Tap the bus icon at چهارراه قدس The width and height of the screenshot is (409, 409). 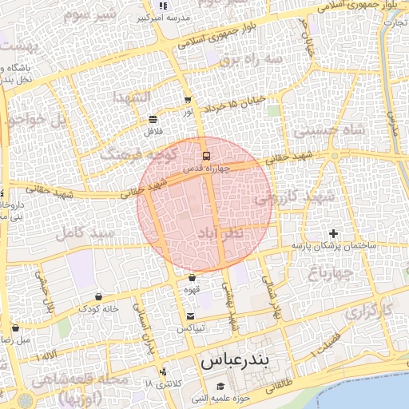[206, 156]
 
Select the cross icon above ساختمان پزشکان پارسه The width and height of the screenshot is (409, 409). [333, 233]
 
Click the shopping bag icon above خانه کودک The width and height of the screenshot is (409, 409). [98, 296]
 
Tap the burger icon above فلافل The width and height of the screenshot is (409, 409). [153, 119]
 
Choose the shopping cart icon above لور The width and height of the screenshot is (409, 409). [188, 101]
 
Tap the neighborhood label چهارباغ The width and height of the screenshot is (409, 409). [330, 275]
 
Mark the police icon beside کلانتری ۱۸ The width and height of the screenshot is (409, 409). [164, 371]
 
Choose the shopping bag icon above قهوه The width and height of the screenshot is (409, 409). [192, 278]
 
